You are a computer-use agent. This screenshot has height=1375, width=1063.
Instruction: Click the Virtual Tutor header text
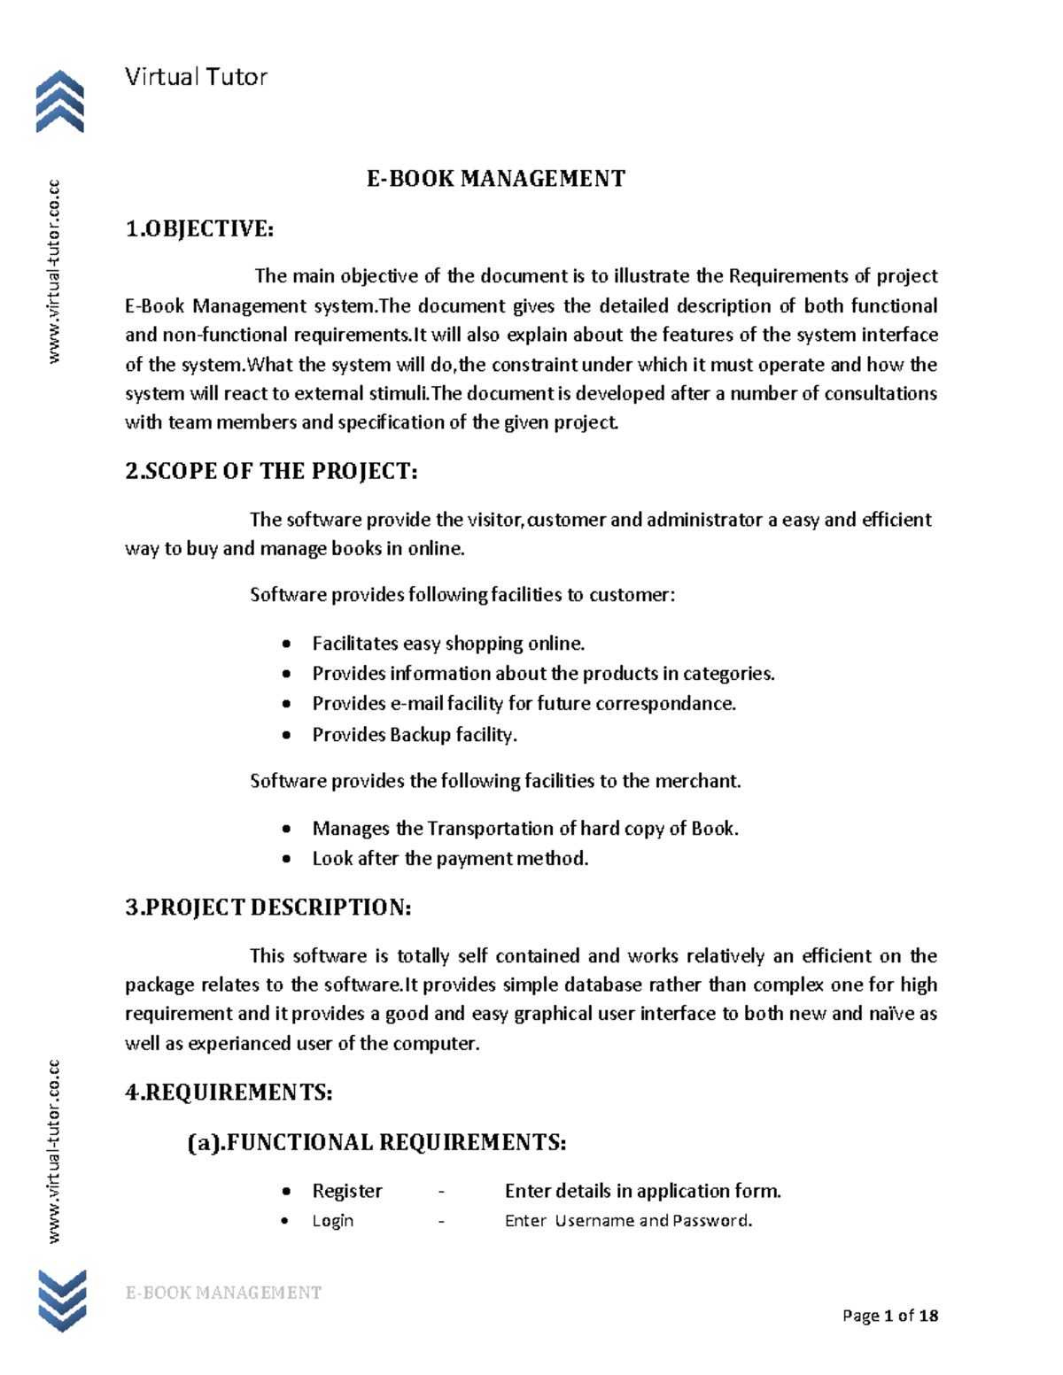196,77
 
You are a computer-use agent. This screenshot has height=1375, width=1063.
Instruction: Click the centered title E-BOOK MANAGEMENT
496,179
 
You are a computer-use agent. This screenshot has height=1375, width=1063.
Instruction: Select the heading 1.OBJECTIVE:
199,229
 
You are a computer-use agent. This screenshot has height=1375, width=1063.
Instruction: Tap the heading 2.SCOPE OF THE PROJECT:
271,471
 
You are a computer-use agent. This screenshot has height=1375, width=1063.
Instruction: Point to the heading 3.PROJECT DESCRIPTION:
268,908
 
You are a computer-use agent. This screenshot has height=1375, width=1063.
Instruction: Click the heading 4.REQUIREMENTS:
229,1093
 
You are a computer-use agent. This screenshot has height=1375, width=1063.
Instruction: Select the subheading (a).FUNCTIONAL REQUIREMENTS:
376,1142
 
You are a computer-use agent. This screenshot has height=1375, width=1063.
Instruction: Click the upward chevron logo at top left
59,102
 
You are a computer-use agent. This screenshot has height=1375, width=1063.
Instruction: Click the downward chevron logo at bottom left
61,1300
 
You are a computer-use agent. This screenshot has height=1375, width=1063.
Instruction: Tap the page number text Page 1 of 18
890,1316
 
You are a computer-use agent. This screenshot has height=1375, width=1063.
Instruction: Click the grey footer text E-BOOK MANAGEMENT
223,1293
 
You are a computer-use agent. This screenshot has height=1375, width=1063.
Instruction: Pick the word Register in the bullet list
347,1191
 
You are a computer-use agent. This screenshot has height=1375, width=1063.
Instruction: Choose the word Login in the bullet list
333,1221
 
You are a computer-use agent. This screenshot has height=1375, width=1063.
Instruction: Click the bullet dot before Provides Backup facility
285,735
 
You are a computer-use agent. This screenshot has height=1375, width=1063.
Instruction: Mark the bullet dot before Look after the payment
285,859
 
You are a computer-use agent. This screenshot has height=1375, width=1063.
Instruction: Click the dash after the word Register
441,1191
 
